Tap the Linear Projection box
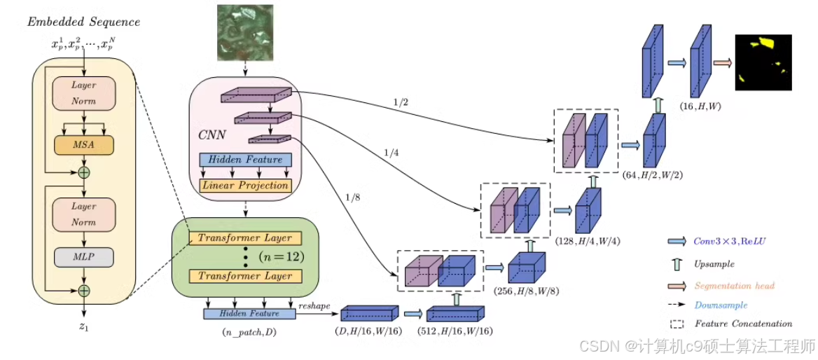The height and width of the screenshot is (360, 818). tap(245, 185)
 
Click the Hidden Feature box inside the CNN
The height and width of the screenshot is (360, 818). tap(245, 160)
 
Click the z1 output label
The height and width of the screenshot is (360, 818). tap(84, 327)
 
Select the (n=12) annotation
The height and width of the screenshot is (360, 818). tap(282, 257)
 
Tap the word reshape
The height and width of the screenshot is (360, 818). tap(314, 307)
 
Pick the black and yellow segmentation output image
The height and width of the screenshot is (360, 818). tap(764, 62)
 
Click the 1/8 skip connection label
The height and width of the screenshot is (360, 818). tap(352, 198)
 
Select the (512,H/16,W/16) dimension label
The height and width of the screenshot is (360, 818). tap(455, 331)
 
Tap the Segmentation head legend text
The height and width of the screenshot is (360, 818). tap(735, 286)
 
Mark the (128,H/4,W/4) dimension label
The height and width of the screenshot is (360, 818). tap(589, 242)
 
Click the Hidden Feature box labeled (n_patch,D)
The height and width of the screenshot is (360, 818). tap(249, 314)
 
